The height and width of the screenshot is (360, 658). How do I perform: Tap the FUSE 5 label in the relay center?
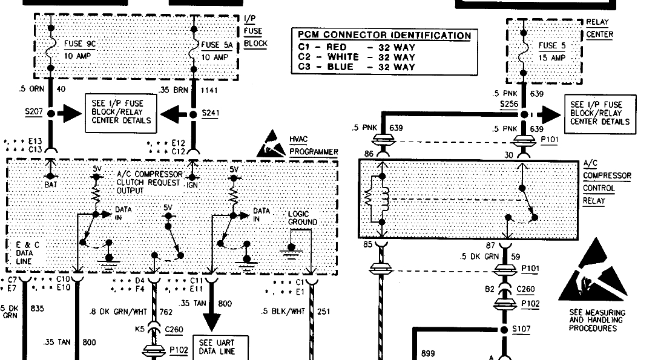551,45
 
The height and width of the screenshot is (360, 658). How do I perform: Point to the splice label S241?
210,113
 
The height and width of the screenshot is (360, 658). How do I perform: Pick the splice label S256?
508,105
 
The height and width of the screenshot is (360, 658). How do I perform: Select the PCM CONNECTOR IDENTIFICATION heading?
384,36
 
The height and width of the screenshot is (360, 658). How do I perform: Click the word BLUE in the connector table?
340,67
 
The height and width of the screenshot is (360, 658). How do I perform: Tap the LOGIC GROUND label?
302,218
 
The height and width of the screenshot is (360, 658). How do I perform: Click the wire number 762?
166,312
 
